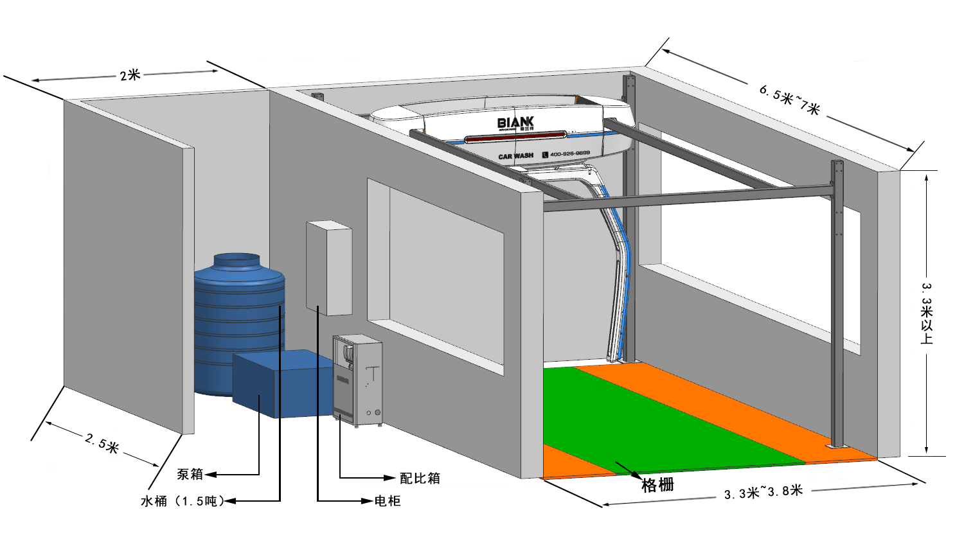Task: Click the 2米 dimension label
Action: tap(130, 75)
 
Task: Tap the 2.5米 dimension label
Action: tap(102, 443)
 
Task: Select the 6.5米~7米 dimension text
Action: tap(789, 100)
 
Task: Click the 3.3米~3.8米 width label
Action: tap(763, 492)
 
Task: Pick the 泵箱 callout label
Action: tap(190, 474)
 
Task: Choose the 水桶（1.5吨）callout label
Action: tap(183, 501)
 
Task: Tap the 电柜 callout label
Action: tap(388, 501)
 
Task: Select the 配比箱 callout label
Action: tap(420, 478)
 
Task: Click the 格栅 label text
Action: tap(657, 485)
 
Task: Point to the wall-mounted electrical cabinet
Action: tap(328, 268)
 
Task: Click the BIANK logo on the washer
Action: tap(515, 122)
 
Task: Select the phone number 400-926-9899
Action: tap(569, 154)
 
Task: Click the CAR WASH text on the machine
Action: tap(515, 156)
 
